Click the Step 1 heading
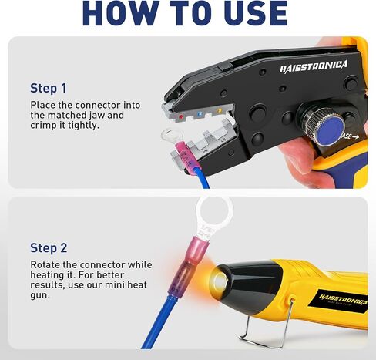(49, 88)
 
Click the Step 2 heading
(49, 248)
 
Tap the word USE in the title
(255, 13)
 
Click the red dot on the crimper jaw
(181, 117)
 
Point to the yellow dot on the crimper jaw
(220, 110)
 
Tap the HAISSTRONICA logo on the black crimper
(314, 66)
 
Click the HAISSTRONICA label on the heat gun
(344, 301)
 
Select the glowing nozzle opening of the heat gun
(220, 280)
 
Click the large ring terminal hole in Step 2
(215, 211)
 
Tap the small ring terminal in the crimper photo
(172, 134)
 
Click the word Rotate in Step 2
(45, 264)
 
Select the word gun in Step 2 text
(40, 295)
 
